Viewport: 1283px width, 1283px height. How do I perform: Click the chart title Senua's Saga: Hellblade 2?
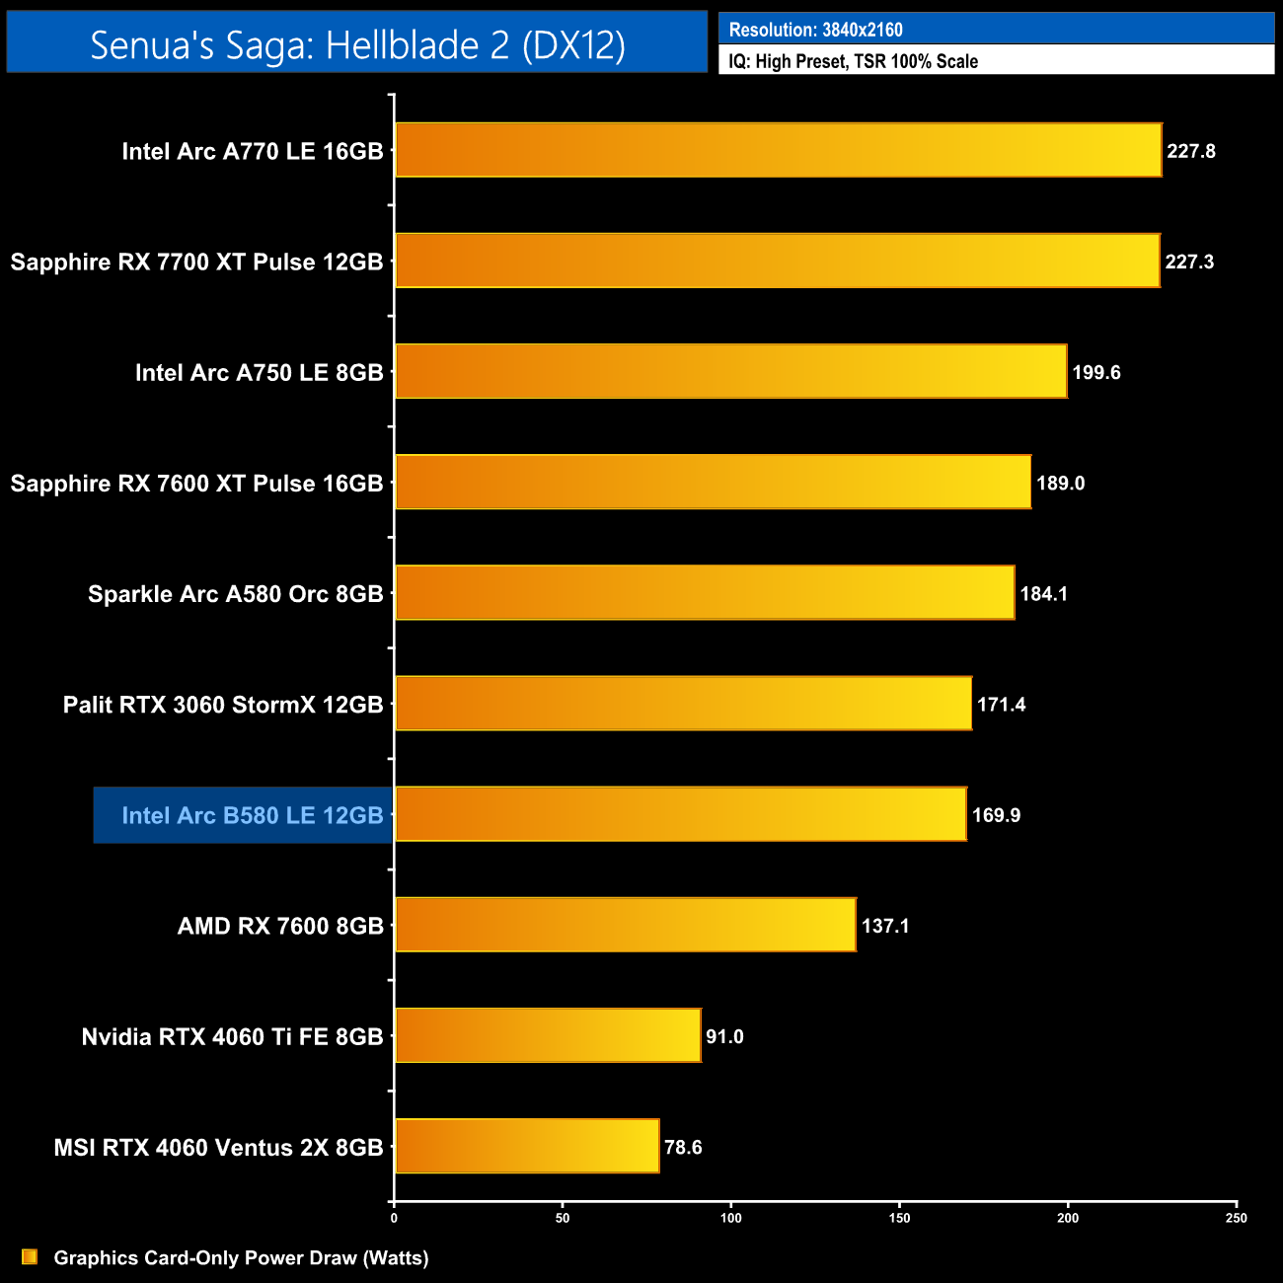tap(357, 44)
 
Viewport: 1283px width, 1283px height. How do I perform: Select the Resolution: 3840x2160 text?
tap(815, 30)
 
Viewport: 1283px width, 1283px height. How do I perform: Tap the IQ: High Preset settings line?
tap(853, 61)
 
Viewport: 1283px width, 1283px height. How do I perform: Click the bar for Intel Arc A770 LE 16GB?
tap(778, 150)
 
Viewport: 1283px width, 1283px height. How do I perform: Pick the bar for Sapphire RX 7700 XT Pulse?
tap(777, 261)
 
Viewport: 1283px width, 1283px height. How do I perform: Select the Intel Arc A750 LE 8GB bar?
tap(730, 371)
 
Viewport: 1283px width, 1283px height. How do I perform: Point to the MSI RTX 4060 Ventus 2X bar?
tap(527, 1146)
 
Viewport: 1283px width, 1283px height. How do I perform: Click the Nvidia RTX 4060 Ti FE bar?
tap(548, 1035)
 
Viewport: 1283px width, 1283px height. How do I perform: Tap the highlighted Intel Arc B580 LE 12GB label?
tap(252, 815)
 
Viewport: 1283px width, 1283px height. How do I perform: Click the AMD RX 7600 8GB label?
tap(280, 926)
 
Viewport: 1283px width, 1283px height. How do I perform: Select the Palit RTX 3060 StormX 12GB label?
tap(223, 705)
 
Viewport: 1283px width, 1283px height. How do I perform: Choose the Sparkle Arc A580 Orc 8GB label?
tap(235, 594)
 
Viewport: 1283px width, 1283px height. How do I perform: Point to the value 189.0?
tap(1060, 483)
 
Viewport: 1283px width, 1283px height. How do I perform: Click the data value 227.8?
tap(1191, 151)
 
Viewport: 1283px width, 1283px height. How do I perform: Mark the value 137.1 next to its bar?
tap(885, 926)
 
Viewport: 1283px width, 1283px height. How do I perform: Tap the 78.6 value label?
tap(683, 1147)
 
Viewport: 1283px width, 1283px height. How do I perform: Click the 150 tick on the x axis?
tap(899, 1218)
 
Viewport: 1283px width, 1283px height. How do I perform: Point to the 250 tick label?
tap(1236, 1218)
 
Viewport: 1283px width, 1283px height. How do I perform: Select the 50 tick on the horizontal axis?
tap(563, 1218)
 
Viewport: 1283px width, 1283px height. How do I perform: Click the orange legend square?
tap(30, 1256)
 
